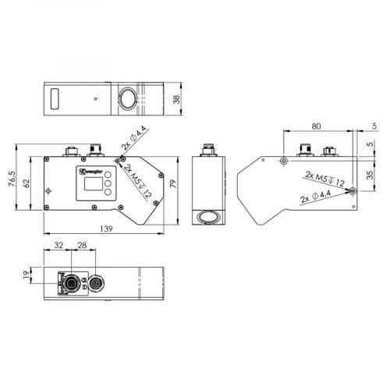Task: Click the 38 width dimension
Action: tap(177, 98)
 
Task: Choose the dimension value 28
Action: tap(82, 246)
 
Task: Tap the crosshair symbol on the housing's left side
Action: tap(50, 190)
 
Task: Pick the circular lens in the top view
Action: tap(126, 98)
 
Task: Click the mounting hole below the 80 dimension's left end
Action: tap(283, 160)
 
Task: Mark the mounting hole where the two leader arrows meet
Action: tap(353, 190)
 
